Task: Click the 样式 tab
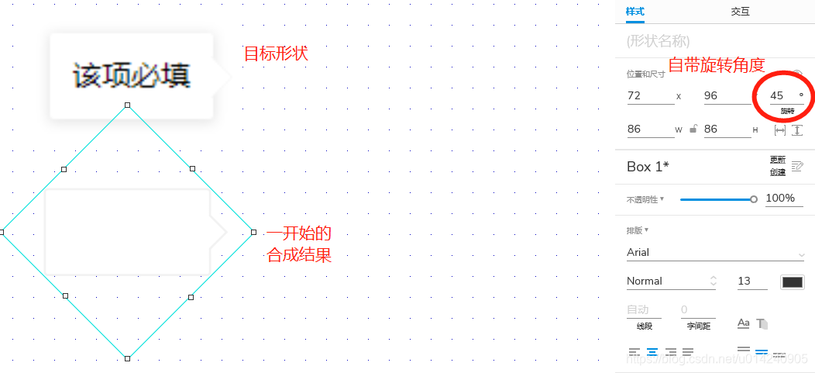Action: tap(635, 12)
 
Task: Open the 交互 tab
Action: tap(740, 12)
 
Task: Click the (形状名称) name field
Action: tap(659, 40)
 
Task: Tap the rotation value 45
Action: tap(777, 95)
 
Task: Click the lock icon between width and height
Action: tap(693, 130)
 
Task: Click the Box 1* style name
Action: tap(648, 167)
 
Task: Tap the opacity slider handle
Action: tap(754, 199)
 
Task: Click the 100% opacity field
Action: tap(781, 199)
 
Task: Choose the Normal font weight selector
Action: tap(671, 281)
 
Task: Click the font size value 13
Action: tap(745, 281)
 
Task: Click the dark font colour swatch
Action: tap(793, 281)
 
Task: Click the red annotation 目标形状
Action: tap(276, 54)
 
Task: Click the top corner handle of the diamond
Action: tap(128, 105)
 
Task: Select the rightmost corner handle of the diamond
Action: tap(253, 232)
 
